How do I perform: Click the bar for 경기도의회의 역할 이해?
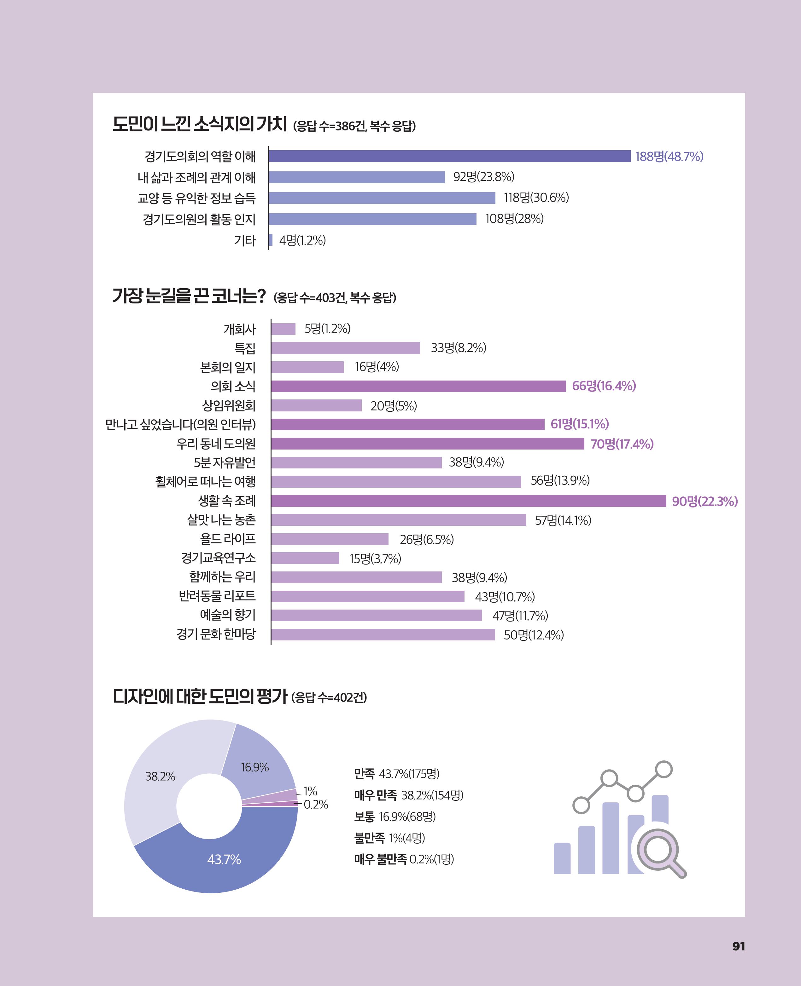449,156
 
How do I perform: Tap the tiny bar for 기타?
270,240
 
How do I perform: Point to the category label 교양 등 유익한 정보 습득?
196,198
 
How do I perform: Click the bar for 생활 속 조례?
468,501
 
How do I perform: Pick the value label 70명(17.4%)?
622,444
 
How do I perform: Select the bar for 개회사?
283,329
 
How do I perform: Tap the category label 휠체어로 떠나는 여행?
205,481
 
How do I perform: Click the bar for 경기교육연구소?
305,558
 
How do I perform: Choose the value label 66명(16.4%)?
604,386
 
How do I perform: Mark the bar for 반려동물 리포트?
368,597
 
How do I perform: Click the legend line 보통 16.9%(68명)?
395,817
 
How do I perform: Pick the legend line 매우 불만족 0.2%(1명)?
404,859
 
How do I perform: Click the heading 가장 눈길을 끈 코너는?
189,295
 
